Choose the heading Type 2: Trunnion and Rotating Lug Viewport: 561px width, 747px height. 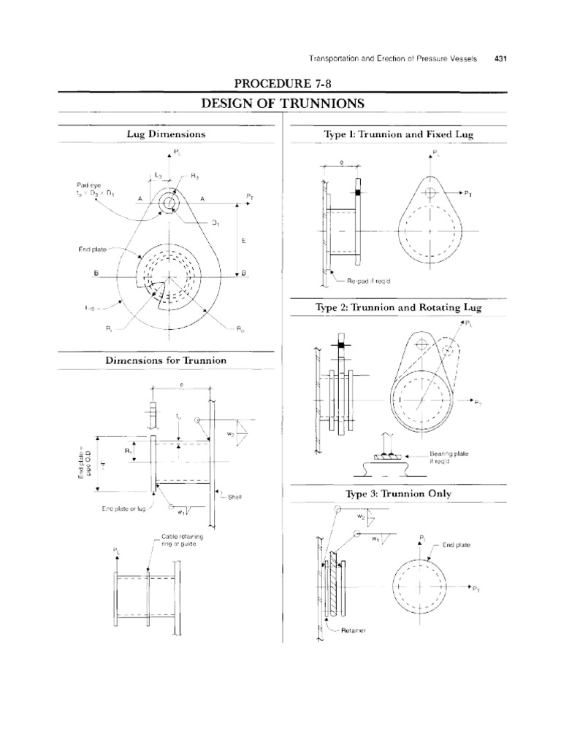point(398,308)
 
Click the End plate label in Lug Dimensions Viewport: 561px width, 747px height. point(93,249)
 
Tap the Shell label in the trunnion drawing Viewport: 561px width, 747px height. point(234,497)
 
